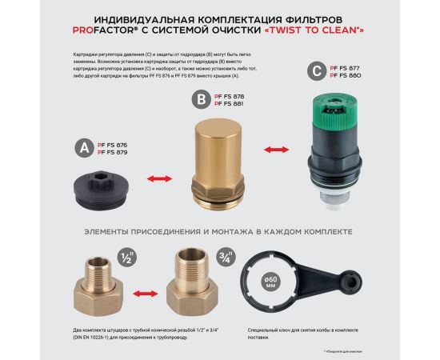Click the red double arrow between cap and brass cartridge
(162, 178)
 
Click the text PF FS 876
(112, 144)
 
